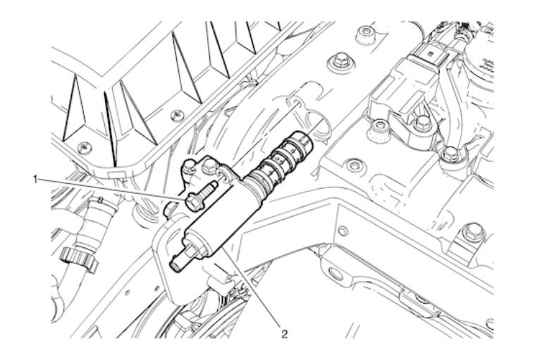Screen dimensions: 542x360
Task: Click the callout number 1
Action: (x=35, y=179)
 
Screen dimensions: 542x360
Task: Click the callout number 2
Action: (x=284, y=334)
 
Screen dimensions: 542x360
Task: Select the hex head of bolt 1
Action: (x=195, y=202)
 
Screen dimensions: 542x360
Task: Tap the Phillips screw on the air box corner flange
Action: (x=84, y=148)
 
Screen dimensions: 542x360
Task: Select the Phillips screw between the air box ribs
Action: (x=178, y=116)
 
